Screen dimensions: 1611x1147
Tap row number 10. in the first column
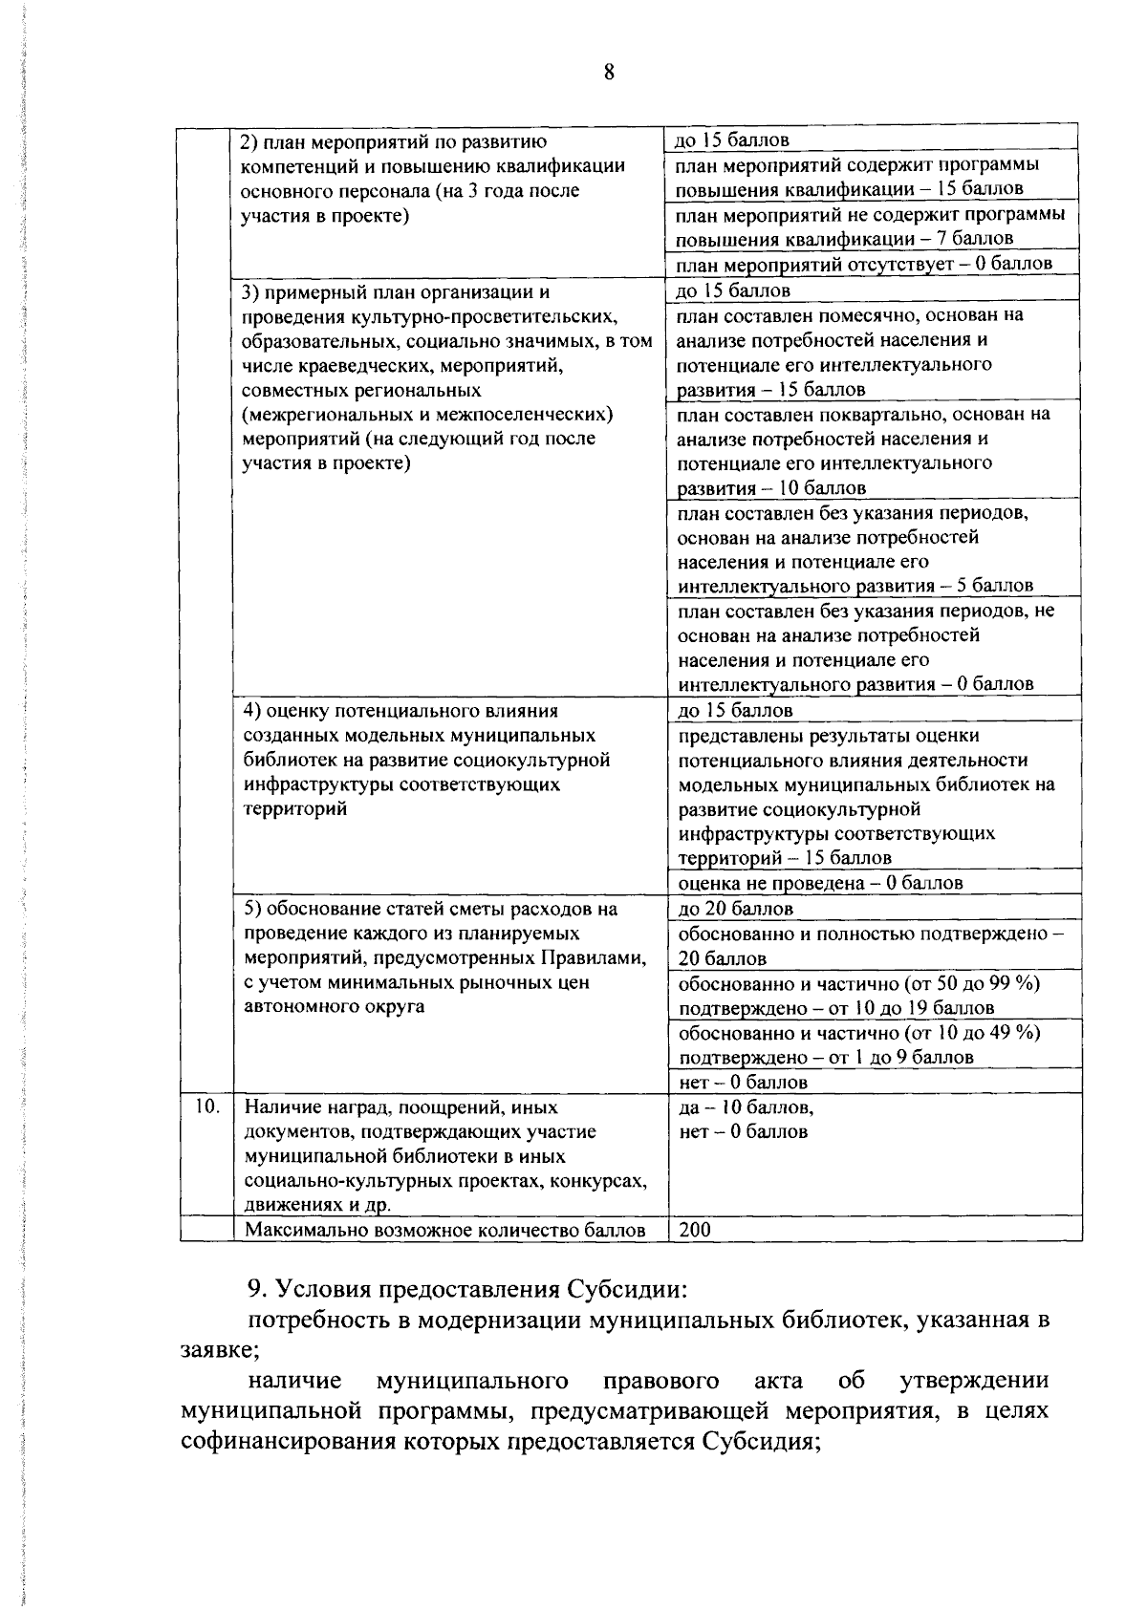tap(206, 1106)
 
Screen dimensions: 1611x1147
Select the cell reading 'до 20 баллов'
tap(735, 909)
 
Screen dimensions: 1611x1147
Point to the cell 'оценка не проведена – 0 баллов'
tap(820, 883)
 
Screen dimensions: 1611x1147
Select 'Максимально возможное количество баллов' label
tap(444, 1230)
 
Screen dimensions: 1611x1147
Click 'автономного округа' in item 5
tap(335, 1007)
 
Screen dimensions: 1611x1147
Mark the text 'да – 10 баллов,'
tap(746, 1107)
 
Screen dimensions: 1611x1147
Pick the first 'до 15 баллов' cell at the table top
tap(732, 140)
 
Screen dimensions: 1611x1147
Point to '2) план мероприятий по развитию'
tap(393, 142)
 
